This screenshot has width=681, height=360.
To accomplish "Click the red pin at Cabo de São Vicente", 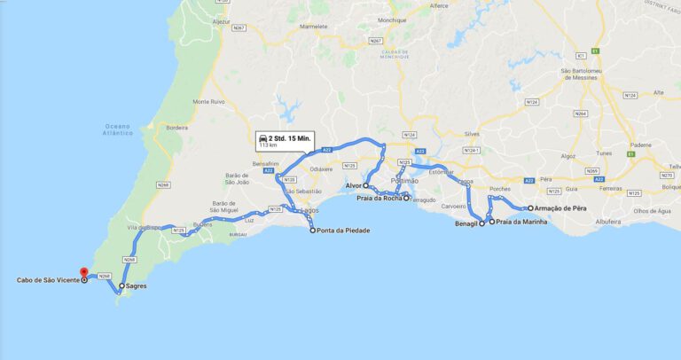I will (x=84, y=273).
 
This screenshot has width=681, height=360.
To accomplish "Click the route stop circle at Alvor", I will (x=365, y=186).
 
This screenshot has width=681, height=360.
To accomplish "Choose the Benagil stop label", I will (x=466, y=223).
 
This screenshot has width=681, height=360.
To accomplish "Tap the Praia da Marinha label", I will (x=521, y=222).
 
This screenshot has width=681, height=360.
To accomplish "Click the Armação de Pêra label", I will (x=561, y=208).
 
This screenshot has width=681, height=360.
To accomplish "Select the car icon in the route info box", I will (x=263, y=139).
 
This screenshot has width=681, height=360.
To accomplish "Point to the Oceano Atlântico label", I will (x=118, y=129).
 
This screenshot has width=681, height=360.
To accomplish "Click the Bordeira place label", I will (x=176, y=128).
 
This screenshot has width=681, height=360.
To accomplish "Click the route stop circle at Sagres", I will (x=121, y=287).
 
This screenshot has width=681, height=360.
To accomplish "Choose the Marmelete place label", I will (x=314, y=27).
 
